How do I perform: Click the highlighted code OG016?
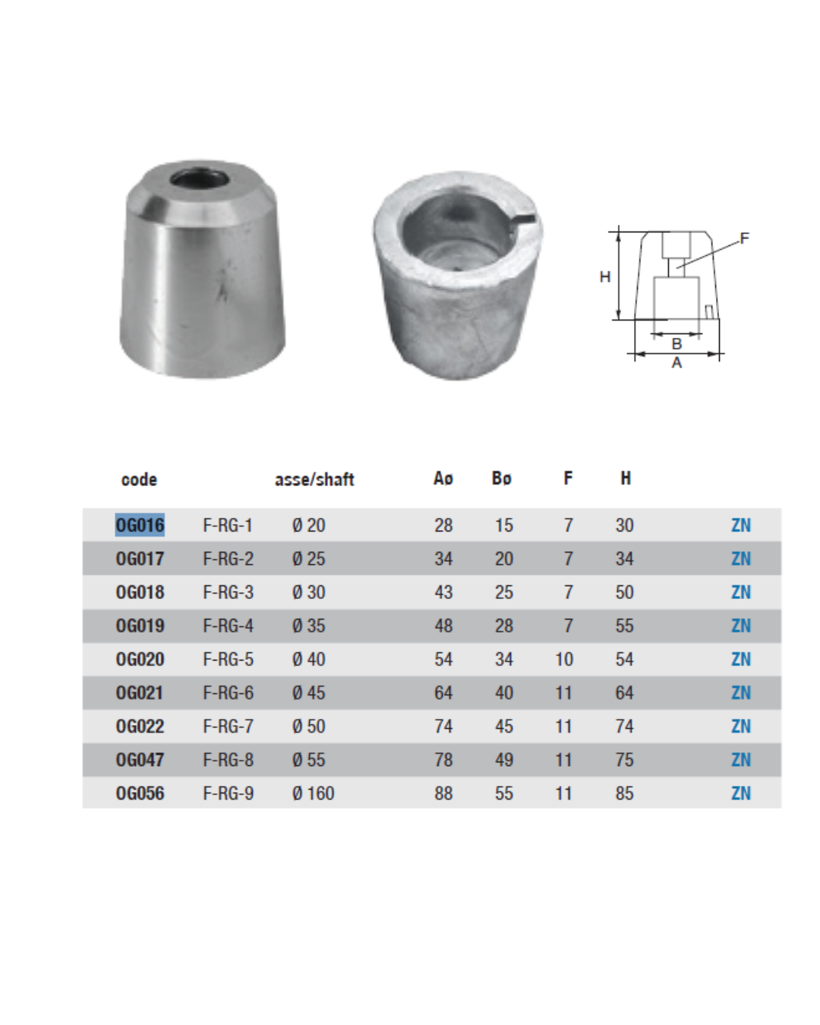pos(140,525)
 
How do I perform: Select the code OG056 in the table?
pos(140,793)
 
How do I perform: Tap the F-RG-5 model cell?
pos(229,659)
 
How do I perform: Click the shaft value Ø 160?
pos(313,793)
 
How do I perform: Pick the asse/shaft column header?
pos(314,479)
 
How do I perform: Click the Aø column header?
pos(443,478)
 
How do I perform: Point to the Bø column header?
pos(502,478)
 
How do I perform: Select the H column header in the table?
pos(626,478)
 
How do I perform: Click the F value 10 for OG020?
pos(564,659)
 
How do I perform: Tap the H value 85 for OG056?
pos(624,793)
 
